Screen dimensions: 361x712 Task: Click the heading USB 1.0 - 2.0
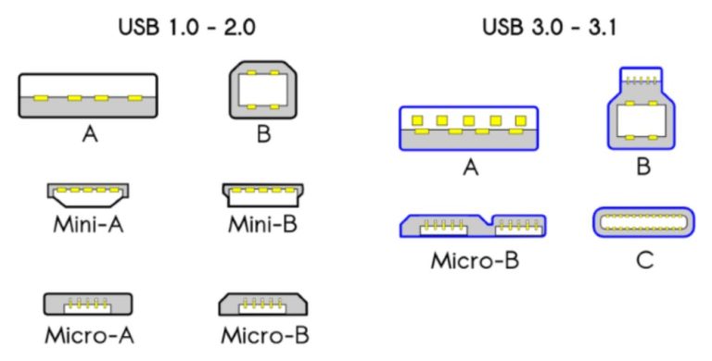click(x=186, y=27)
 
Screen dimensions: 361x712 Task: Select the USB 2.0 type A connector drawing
click(x=89, y=95)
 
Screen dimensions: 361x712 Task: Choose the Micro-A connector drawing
click(x=89, y=304)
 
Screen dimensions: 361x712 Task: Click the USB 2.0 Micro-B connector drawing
click(x=263, y=304)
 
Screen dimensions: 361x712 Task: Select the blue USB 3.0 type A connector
click(x=468, y=128)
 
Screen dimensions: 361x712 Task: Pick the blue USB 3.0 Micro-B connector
click(x=473, y=226)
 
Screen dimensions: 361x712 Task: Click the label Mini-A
click(x=89, y=226)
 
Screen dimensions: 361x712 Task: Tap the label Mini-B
click(x=263, y=226)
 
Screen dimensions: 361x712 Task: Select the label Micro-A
click(x=89, y=333)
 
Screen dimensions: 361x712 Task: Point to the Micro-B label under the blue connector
click(x=474, y=259)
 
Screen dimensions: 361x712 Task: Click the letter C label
click(x=643, y=259)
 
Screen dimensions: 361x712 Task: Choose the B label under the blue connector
click(x=642, y=168)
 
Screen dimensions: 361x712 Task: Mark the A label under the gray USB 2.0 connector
click(x=89, y=135)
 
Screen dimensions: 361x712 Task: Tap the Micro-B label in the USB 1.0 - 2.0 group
click(x=264, y=333)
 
